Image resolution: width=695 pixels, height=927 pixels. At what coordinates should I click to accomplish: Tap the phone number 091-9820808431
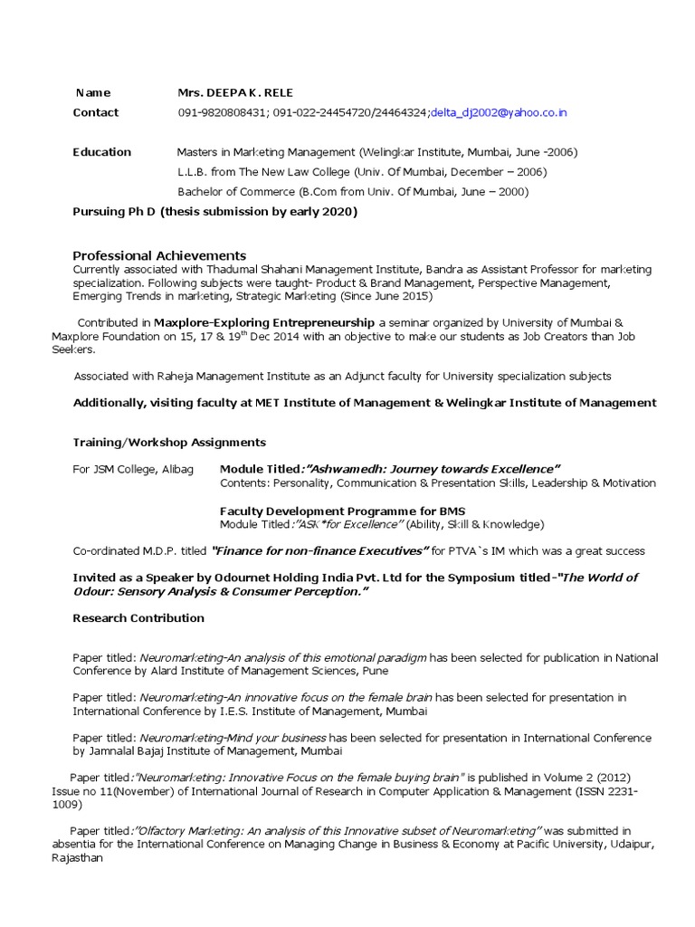click(219, 113)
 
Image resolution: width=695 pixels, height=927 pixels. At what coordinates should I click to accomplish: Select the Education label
click(101, 152)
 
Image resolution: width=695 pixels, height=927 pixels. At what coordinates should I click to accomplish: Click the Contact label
click(95, 113)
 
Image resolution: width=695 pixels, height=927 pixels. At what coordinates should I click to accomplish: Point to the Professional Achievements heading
click(158, 256)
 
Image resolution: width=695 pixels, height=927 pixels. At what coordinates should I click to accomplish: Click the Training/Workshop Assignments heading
click(169, 443)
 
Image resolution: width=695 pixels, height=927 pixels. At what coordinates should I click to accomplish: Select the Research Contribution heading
click(138, 618)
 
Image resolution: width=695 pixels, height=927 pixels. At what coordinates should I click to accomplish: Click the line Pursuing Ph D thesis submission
click(214, 212)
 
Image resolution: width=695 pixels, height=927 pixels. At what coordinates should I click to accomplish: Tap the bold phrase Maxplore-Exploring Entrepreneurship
click(263, 322)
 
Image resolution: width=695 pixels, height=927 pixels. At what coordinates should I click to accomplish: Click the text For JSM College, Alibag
click(133, 469)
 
